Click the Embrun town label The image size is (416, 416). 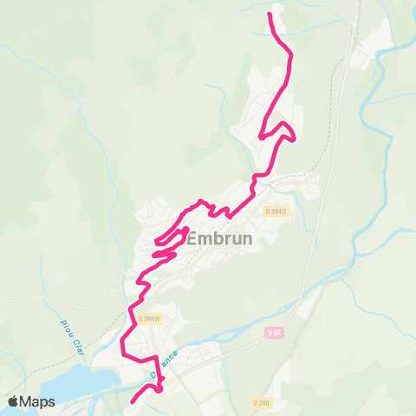pos(218,238)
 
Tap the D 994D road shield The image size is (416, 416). pos(276,211)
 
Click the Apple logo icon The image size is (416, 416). pos(14,401)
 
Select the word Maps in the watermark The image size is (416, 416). pos(38,401)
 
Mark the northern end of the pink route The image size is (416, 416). pos(270,15)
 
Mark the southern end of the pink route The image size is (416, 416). pos(133,402)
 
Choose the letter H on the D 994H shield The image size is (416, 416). pos(158,318)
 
